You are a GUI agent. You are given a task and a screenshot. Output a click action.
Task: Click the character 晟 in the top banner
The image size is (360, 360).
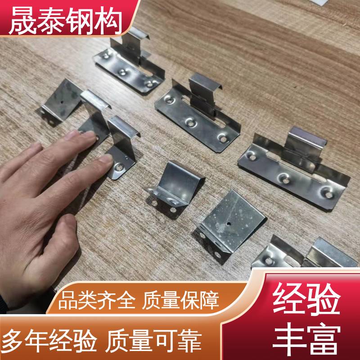pos(23,20)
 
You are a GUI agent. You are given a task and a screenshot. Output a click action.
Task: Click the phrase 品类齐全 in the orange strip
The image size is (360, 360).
pos(97,300)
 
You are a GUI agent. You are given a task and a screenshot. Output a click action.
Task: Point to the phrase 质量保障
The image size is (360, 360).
pos(180,300)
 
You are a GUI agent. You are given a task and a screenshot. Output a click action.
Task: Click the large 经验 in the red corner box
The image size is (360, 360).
pos(306,299)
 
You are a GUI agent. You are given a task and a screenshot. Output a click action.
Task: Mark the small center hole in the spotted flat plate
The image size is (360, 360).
pos(229,223)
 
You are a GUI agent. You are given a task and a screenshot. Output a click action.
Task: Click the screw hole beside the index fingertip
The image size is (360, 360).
pos(119,167)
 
